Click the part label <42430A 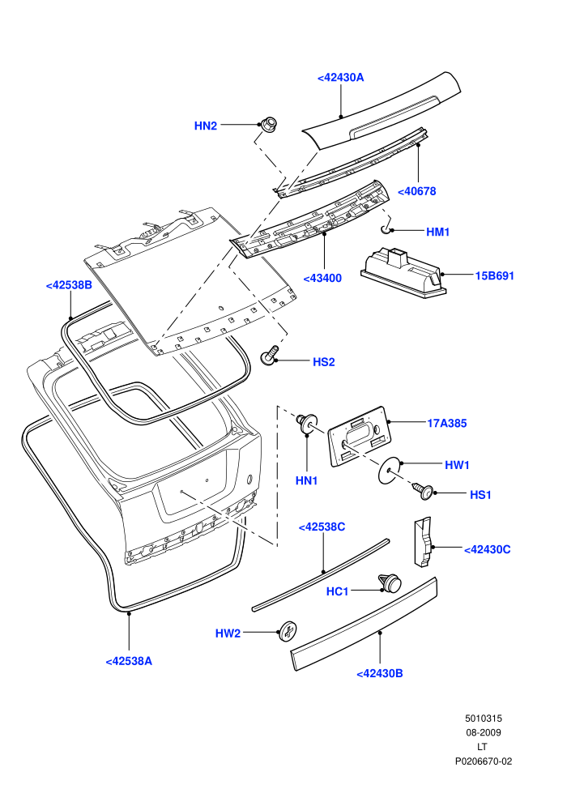340,78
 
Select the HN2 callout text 206,126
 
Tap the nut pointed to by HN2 268,123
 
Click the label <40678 416,191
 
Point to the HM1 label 437,232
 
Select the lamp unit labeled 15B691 403,271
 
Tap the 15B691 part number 494,275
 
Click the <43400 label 322,279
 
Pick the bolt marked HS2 270,355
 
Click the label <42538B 69,285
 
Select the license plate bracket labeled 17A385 360,437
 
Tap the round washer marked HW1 389,468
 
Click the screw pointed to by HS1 423,491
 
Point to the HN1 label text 307,480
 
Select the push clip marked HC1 390,582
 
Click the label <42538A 129,661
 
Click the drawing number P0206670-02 484,761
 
